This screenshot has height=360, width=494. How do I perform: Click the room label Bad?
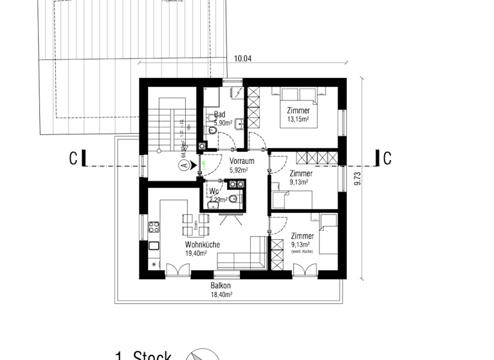(219, 114)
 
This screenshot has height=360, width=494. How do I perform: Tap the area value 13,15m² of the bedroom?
(298, 120)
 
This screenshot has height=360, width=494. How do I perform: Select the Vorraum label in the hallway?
(242, 161)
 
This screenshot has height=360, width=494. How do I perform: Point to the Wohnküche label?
(203, 245)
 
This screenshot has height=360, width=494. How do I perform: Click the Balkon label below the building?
(220, 285)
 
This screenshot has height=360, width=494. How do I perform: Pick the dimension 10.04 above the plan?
(242, 59)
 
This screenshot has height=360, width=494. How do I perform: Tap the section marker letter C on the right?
(387, 159)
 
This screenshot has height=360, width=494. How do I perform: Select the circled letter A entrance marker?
(184, 165)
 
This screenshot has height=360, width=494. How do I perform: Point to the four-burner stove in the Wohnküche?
(154, 226)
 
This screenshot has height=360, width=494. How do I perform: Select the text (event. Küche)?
(302, 251)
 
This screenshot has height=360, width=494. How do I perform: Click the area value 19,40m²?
(196, 253)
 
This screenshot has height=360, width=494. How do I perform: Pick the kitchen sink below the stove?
(154, 245)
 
